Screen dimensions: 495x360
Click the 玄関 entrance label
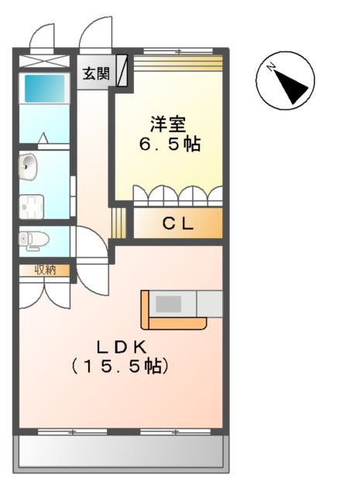point(96,75)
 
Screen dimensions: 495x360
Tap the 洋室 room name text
point(168,123)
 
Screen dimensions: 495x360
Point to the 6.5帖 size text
point(170,145)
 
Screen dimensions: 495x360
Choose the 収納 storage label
point(43,270)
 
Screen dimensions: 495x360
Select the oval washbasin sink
point(29,164)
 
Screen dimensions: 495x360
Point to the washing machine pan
point(33,206)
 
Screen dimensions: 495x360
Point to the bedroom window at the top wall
point(178,52)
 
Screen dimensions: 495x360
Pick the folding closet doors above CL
point(178,195)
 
